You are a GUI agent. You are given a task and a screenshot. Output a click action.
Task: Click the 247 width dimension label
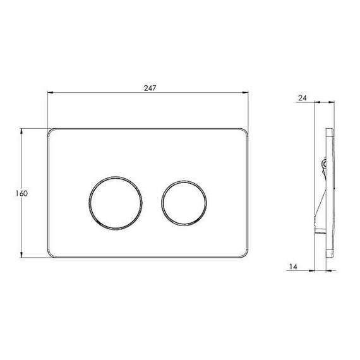click(150, 88)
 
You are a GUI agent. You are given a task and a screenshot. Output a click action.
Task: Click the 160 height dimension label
click(21, 193)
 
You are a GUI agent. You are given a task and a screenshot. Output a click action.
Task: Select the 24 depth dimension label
click(303, 98)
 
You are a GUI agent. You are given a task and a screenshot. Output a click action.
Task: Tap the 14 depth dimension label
click(293, 267)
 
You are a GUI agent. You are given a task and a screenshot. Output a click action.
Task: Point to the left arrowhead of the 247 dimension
click(51, 93)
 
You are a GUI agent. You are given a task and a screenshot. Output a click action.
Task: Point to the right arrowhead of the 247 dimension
click(245, 93)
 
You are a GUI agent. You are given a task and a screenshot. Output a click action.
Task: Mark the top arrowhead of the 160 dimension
click(21, 132)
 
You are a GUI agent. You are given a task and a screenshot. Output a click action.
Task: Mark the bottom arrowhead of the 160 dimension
click(21, 255)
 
